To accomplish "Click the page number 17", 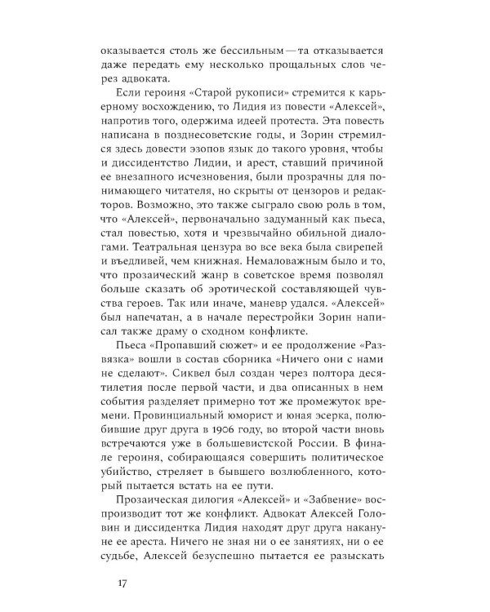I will pyautogui.click(x=122, y=582).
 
